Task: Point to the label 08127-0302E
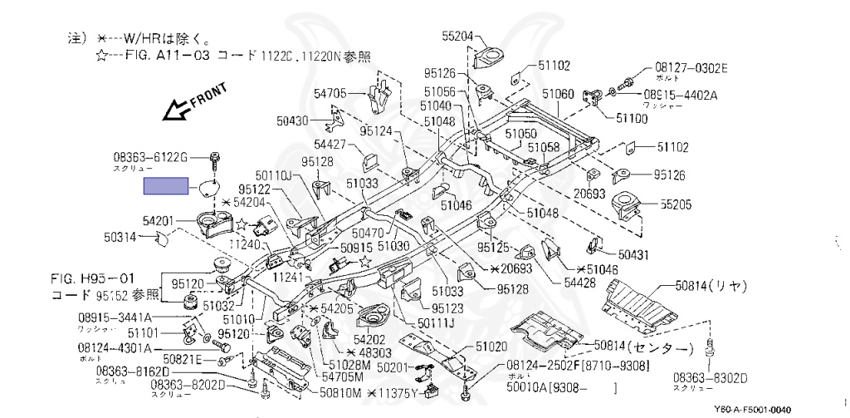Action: coord(690,67)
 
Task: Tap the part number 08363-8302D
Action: coord(713,378)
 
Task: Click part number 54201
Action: coord(158,220)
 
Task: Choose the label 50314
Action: coord(120,237)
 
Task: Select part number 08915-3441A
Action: coord(115,317)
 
